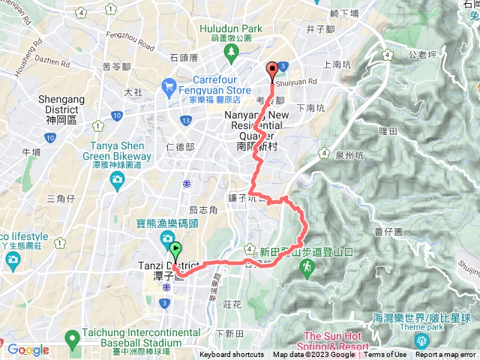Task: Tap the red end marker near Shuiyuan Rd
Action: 271,70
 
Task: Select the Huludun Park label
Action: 231,28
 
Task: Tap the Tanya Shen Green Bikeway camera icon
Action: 117,179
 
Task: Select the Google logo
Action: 28,349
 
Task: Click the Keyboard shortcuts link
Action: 232,355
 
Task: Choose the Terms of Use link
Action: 385,355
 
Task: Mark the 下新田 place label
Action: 229,333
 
